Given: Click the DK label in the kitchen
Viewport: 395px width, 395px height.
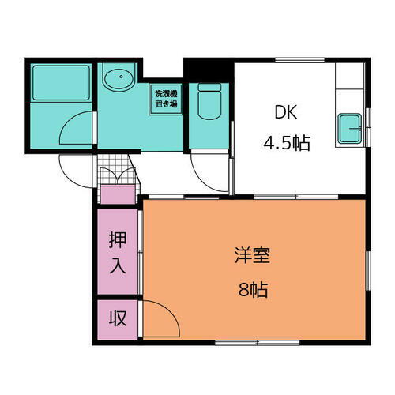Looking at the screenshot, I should pos(285,112).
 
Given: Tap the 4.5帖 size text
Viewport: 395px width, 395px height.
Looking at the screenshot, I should pos(285,144).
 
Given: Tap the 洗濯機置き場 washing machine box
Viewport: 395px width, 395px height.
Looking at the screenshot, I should pos(167,97).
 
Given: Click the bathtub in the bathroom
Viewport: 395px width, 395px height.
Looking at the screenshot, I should pos(61,81).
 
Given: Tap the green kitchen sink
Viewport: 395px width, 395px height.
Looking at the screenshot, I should pos(350,129).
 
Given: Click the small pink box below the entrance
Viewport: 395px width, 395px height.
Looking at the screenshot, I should pos(116,194).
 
